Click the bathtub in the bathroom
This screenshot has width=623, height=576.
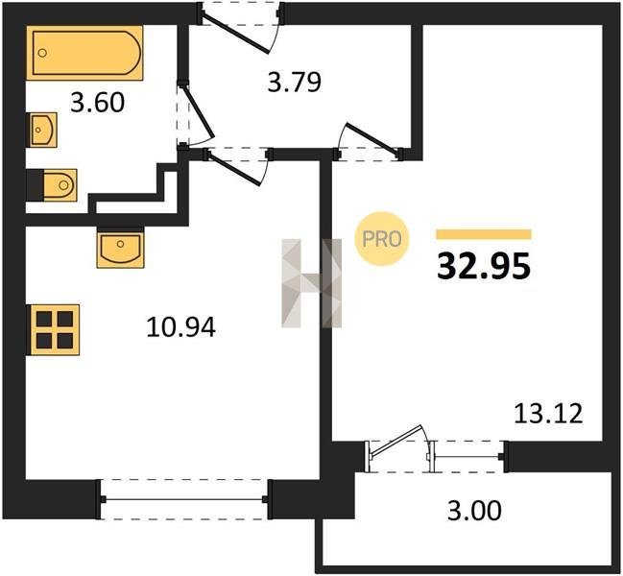(x=84, y=53)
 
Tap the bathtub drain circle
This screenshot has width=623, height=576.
(x=42, y=53)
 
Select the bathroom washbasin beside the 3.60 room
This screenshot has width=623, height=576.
(x=42, y=130)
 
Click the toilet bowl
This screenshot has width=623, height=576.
(x=60, y=184)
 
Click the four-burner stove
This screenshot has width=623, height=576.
(x=53, y=329)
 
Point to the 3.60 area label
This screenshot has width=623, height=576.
(x=97, y=103)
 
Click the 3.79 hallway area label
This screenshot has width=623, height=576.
(x=294, y=83)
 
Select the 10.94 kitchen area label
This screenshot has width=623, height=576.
(x=180, y=327)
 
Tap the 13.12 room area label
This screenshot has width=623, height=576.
(x=548, y=413)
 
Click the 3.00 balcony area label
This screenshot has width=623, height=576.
(x=474, y=511)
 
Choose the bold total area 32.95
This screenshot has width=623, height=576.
(x=484, y=266)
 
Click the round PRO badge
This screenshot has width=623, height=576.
(x=382, y=239)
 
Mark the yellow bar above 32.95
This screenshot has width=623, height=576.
(x=484, y=234)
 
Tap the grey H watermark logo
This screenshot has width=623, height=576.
(x=311, y=283)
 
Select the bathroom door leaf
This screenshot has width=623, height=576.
(x=199, y=110)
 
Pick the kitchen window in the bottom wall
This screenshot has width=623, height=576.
(x=184, y=499)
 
